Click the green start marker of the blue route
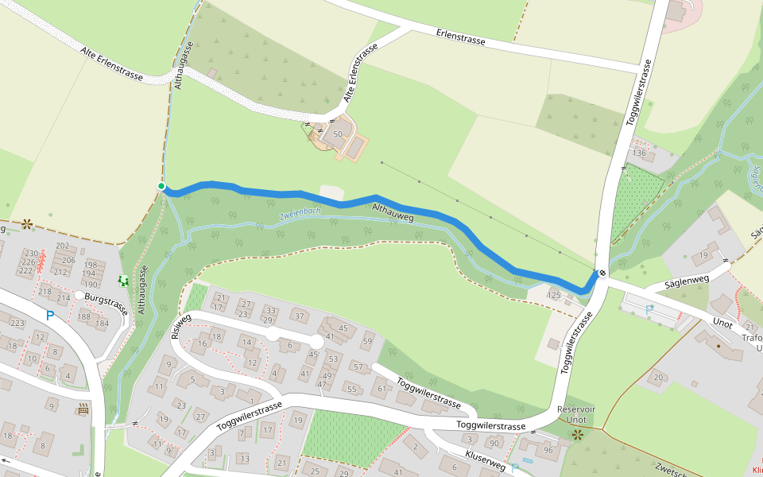pos(161,186)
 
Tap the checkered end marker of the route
pos(602,274)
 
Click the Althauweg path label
pos(393,212)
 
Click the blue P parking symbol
pos(50,316)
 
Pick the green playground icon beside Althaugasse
pos(123,281)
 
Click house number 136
pos(638,153)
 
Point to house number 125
pos(554,296)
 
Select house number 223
pos(17,323)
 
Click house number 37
pos(299,316)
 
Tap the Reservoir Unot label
pos(576,413)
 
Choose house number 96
pos(548,450)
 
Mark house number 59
pos(366,342)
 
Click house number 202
pos(62,246)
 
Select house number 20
pos(658,377)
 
